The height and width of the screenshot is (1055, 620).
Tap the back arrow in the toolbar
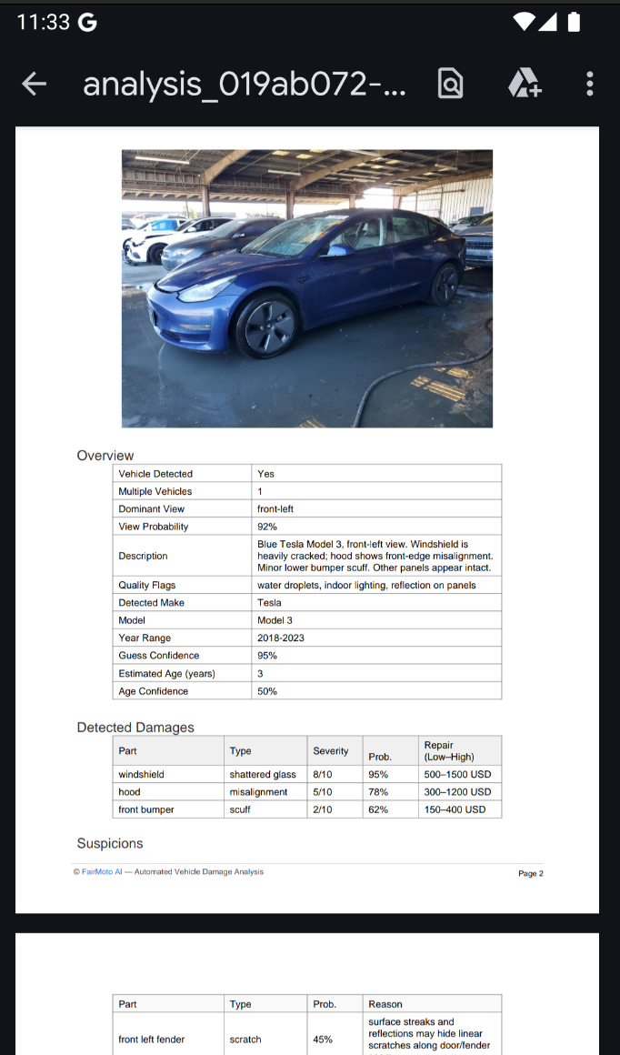(35, 85)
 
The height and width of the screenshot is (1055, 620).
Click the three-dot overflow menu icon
(590, 85)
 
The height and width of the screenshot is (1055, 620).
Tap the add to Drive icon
(524, 85)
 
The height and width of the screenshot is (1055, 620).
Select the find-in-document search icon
(450, 85)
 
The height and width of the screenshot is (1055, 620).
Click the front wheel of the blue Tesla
(266, 324)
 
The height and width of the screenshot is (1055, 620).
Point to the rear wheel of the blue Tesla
(445, 284)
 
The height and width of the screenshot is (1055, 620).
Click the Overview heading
(105, 456)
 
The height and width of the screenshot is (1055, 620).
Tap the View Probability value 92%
(267, 527)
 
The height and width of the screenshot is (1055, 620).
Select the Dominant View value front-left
(275, 509)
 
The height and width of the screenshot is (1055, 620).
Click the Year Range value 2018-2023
(281, 638)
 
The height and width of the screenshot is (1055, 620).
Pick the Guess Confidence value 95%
(267, 656)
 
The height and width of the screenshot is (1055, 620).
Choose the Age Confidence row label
(154, 691)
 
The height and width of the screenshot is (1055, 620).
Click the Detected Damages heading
(135, 728)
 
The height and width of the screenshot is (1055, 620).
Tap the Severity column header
(331, 751)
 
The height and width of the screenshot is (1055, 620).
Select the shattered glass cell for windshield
(263, 775)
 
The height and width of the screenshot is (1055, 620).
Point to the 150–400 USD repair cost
(455, 809)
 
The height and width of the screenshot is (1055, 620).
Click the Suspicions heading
(110, 843)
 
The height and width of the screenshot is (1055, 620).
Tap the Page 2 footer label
(530, 873)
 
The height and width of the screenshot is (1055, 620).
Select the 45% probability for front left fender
(325, 1039)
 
